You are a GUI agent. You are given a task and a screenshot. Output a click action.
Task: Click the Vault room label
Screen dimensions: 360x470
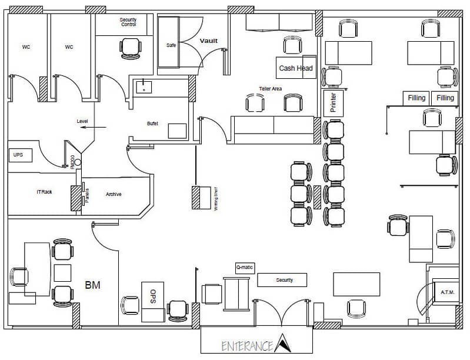click(208, 41)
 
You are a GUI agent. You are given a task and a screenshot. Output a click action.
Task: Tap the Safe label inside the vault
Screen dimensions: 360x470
click(171, 45)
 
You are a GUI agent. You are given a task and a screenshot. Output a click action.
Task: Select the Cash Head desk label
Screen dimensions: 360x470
click(296, 68)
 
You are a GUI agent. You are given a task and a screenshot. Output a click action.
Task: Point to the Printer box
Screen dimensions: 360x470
click(333, 102)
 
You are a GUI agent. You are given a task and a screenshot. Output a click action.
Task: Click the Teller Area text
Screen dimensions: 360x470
click(271, 89)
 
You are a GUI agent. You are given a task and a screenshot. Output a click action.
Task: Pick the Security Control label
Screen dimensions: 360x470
click(128, 22)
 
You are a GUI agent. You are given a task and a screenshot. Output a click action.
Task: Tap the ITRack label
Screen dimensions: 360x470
click(44, 192)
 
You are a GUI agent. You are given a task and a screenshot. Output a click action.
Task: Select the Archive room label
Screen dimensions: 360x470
click(114, 194)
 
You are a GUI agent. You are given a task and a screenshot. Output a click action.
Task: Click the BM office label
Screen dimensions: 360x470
click(92, 285)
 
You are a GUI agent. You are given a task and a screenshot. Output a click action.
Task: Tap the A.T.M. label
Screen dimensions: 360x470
click(448, 292)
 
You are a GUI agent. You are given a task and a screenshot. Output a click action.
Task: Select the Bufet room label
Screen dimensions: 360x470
click(152, 124)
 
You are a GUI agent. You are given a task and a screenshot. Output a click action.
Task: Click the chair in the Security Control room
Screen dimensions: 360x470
click(130, 46)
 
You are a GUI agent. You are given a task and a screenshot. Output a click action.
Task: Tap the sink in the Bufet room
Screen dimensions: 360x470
click(143, 88)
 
